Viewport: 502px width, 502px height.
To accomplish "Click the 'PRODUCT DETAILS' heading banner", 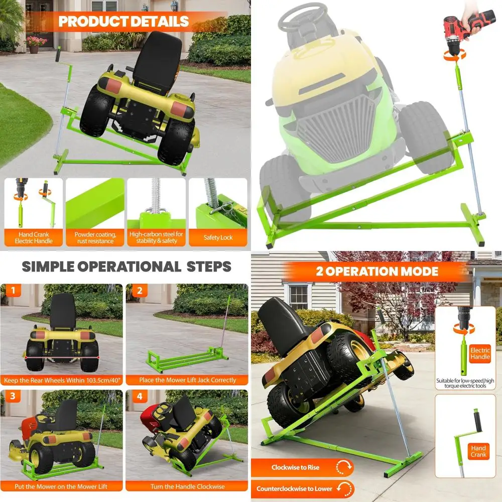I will (123, 22).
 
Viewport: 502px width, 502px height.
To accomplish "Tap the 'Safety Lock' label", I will (218, 237).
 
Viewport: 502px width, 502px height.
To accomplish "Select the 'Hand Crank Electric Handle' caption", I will (34, 237).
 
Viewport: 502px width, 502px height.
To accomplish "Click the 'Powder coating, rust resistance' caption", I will (95, 237).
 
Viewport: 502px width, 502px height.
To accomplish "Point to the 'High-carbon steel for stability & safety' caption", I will (157, 237).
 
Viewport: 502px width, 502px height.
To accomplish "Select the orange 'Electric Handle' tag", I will (480, 353).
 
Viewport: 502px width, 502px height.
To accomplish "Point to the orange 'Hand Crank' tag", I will (478, 451).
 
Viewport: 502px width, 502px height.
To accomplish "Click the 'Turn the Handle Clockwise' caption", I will (187, 486).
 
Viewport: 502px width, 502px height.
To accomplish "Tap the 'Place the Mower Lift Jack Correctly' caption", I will (187, 380).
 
